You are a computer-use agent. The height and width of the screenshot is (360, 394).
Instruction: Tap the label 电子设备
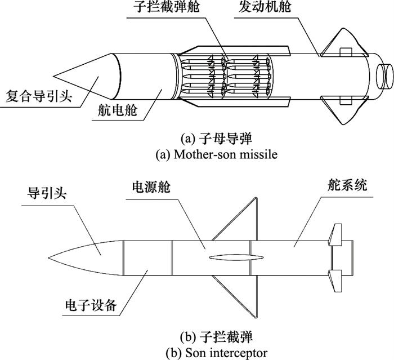90,305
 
